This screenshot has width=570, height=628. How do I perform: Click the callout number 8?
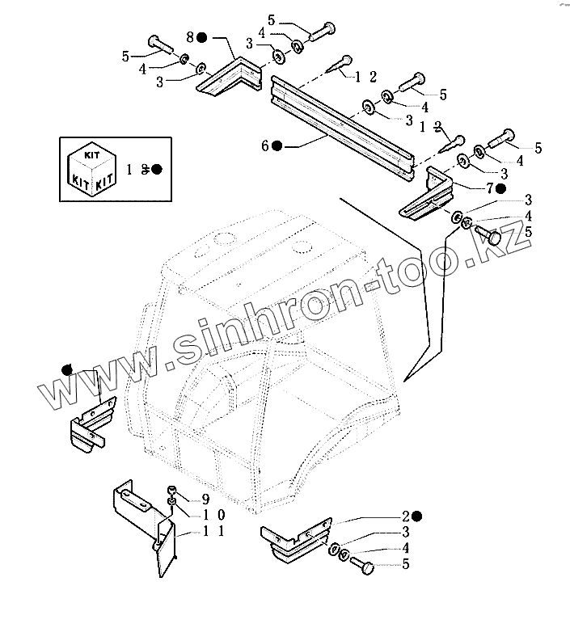click(190, 37)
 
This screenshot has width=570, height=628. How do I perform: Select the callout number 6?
click(264, 146)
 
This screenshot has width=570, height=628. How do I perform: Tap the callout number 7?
click(489, 188)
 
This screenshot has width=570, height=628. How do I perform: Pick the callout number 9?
click(205, 499)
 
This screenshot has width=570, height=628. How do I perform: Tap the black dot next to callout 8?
click(203, 37)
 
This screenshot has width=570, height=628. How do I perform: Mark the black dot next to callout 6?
click(277, 146)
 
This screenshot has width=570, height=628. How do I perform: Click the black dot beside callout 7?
click(502, 188)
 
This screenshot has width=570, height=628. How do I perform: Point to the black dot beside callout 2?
click(416, 516)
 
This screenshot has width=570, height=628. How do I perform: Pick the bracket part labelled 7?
click(429, 198)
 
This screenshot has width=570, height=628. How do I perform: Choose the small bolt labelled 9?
click(172, 492)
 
